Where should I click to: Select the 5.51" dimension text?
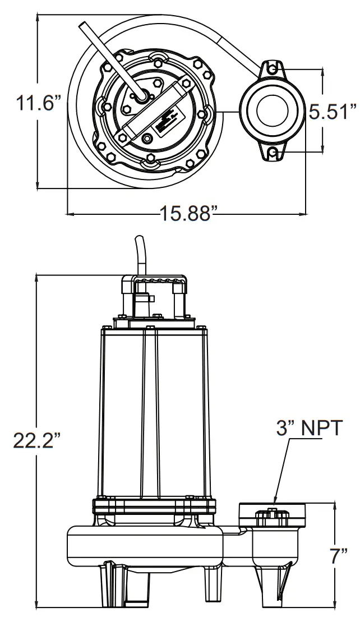(333, 111)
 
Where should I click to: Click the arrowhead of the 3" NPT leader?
(275, 500)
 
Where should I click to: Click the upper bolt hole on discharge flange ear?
(272, 70)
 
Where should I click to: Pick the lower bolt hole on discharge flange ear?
(272, 153)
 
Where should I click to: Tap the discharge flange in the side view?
(274, 513)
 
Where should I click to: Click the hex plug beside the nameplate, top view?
(147, 139)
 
